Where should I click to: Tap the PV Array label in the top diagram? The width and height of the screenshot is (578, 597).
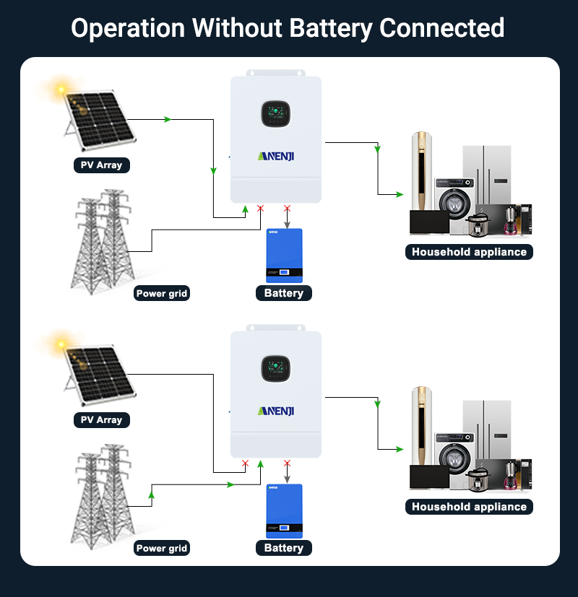pyautogui.click(x=101, y=165)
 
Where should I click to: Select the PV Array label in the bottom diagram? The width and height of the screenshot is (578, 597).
pyautogui.click(x=101, y=420)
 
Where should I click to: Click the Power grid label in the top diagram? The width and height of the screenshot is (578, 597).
pyautogui.click(x=162, y=294)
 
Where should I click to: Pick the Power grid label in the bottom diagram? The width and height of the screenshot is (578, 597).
pyautogui.click(x=162, y=549)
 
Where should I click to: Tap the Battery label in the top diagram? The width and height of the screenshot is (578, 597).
pyautogui.click(x=284, y=293)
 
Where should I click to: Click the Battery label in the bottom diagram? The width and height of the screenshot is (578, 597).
pyautogui.click(x=284, y=548)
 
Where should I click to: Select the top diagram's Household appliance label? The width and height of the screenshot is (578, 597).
pyautogui.click(x=469, y=252)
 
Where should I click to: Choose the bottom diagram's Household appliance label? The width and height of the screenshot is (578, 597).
pyautogui.click(x=469, y=507)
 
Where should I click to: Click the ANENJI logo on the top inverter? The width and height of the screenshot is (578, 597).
pyautogui.click(x=275, y=155)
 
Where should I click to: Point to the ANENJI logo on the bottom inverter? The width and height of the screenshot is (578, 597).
pyautogui.click(x=275, y=410)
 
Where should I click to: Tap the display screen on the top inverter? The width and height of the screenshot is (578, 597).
pyautogui.click(x=275, y=115)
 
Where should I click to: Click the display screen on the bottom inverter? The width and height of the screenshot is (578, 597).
pyautogui.click(x=275, y=370)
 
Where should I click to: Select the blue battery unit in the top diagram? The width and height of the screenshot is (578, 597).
pyautogui.click(x=284, y=255)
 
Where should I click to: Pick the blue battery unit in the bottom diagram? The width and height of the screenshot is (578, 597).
pyautogui.click(x=284, y=510)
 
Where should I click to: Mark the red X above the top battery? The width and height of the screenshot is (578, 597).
pyautogui.click(x=287, y=209)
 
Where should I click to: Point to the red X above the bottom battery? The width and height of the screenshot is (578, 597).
pyautogui.click(x=287, y=463)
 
